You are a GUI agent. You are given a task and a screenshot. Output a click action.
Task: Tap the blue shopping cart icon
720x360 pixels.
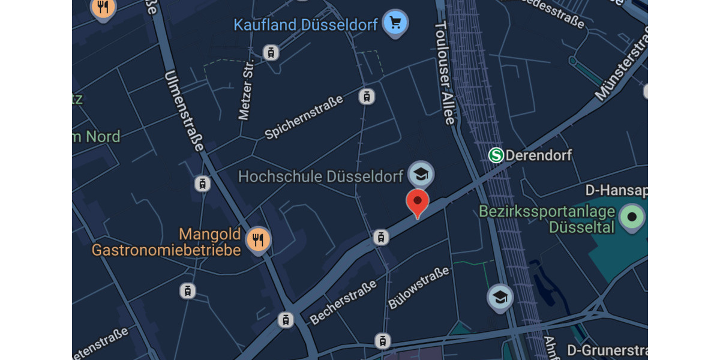[x=395, y=23]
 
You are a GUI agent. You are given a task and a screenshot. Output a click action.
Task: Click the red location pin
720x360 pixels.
[x=418, y=202]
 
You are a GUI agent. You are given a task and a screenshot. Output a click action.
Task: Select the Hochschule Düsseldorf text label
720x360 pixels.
[x=320, y=176]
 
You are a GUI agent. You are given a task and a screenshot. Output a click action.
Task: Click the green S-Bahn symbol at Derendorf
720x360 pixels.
[x=496, y=155]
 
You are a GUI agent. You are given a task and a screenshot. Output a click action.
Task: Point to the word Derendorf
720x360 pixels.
[x=539, y=155]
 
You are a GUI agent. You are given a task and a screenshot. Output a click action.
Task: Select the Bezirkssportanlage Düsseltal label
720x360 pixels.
[x=547, y=220]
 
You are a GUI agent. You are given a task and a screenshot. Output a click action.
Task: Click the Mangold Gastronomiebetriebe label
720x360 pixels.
[x=166, y=242]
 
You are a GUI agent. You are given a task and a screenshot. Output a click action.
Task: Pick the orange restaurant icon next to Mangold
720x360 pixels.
[x=259, y=241]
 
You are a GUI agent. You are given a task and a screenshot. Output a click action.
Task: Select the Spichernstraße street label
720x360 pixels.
[x=304, y=117]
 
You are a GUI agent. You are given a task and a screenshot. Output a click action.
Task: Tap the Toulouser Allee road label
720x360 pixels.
[x=445, y=73]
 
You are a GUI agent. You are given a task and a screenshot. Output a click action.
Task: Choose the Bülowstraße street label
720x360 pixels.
[x=418, y=288]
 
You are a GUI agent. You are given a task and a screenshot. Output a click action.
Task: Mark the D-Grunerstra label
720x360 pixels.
[x=607, y=350]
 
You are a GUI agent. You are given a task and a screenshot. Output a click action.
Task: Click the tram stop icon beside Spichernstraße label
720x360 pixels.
[x=366, y=96]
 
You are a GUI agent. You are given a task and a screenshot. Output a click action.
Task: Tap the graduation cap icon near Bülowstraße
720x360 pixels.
[x=500, y=297]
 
